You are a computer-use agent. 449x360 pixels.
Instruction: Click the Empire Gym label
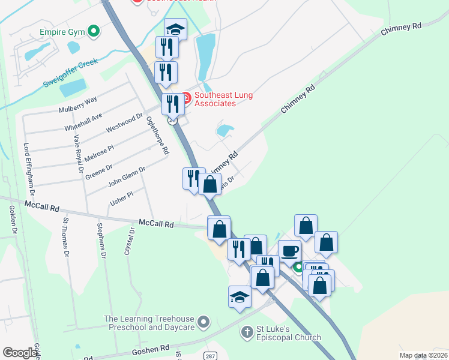tap(61, 31)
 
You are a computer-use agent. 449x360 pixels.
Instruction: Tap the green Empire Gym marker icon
tap(93, 31)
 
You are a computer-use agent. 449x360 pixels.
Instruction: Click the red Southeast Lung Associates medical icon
tap(185, 97)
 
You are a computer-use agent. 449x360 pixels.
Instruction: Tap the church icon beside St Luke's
tap(246, 331)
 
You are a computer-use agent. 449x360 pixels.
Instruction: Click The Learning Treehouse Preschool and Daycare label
tap(149, 323)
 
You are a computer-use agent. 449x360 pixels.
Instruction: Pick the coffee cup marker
tap(289, 250)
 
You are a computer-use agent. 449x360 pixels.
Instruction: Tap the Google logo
tap(20, 352)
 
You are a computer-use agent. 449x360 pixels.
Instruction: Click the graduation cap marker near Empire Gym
tap(175, 29)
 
